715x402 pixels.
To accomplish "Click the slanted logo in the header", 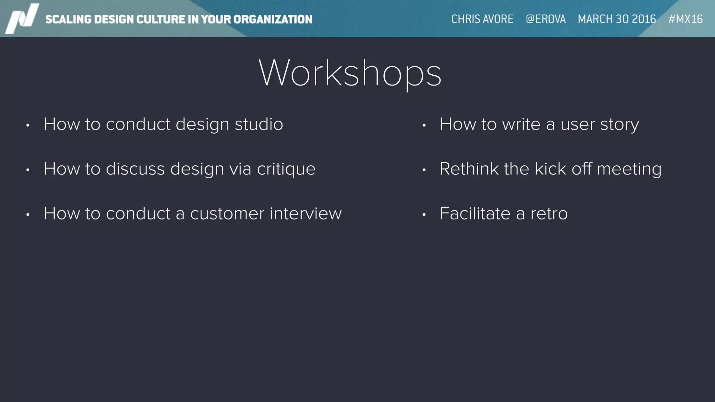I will pyautogui.click(x=22, y=18).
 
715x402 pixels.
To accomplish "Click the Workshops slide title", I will pyautogui.click(x=350, y=73).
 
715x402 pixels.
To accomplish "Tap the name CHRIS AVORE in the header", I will pyautogui.click(x=482, y=19).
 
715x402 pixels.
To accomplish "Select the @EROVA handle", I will pyautogui.click(x=546, y=19).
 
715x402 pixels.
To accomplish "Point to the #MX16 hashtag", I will pyautogui.click(x=685, y=19).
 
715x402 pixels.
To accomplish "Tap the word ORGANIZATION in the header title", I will pyautogui.click(x=273, y=20).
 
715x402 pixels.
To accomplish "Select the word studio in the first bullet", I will pyautogui.click(x=259, y=124).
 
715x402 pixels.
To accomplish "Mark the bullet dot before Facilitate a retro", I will pyautogui.click(x=424, y=215).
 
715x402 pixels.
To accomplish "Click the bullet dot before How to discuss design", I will pyautogui.click(x=28, y=170).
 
